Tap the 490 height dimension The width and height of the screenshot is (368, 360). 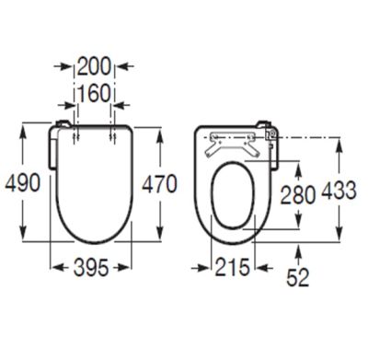(22, 182)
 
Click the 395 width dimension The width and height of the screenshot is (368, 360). (91, 268)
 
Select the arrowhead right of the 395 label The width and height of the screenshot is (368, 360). (128, 268)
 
